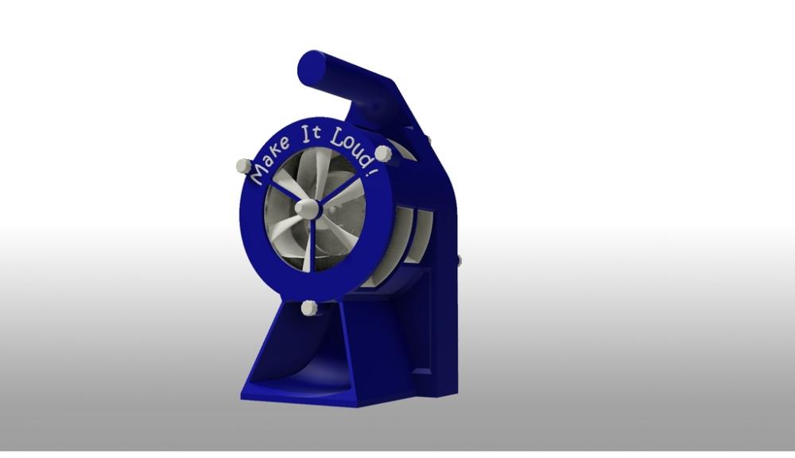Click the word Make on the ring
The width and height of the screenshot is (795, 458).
[x=270, y=158]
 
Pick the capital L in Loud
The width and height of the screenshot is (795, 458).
[x=336, y=136]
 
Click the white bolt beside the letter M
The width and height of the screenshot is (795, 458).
[x=243, y=166]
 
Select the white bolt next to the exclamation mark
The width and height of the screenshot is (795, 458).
[x=383, y=153]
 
